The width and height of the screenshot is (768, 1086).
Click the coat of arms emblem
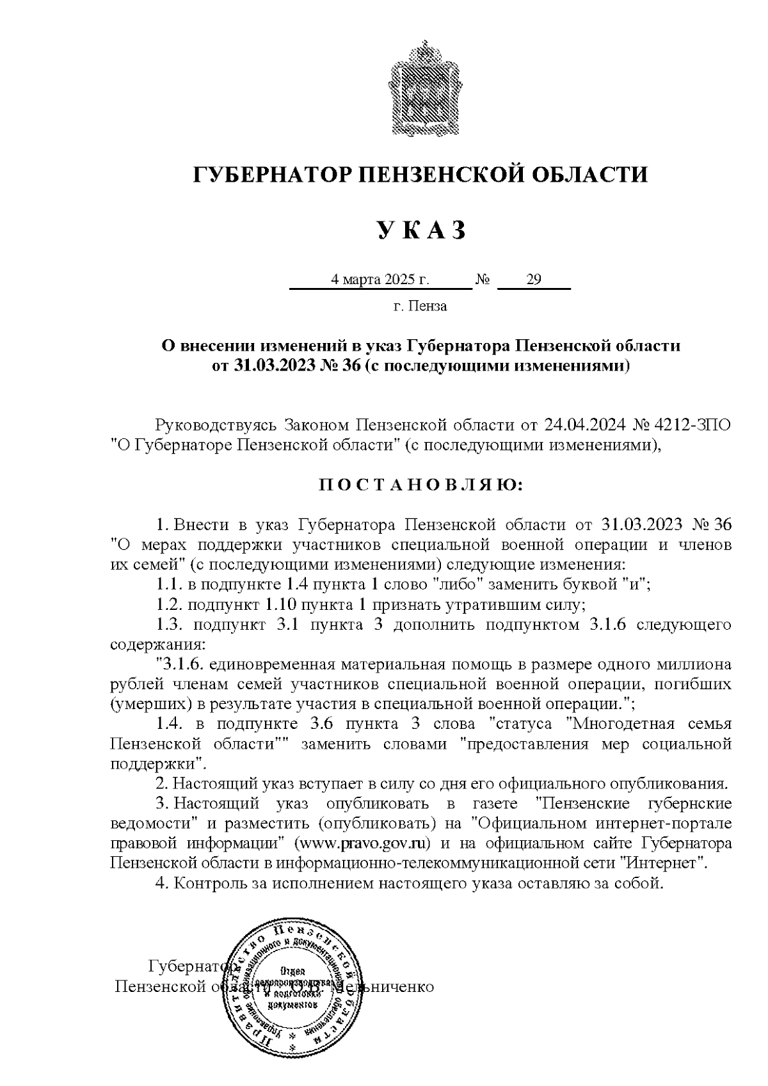click(422, 86)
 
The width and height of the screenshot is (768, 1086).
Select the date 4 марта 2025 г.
click(379, 280)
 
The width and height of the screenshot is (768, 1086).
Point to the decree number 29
click(533, 280)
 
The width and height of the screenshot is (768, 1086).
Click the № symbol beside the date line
click(483, 280)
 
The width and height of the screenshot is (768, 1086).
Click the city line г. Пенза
click(420, 306)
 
